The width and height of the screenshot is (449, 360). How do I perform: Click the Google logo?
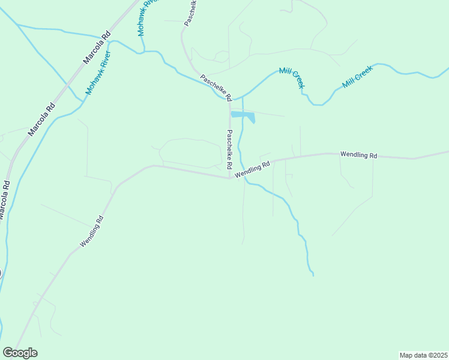point(20,353)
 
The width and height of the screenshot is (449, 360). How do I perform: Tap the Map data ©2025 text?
point(423,355)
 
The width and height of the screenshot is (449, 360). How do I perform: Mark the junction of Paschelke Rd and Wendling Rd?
point(230,178)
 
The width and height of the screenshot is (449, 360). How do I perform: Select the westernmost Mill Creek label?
point(292,77)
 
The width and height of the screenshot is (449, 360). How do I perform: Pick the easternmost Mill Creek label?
point(358,76)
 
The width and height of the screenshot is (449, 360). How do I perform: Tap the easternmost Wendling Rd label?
point(358,155)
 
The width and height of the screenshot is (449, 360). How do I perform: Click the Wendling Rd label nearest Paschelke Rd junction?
point(253,169)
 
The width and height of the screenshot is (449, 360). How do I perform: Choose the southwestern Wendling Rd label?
point(92,232)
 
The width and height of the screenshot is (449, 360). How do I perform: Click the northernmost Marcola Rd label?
point(98,48)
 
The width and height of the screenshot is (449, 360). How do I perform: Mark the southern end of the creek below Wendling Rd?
point(313,275)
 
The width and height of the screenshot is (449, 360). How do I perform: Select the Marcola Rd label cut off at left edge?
point(4,201)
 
